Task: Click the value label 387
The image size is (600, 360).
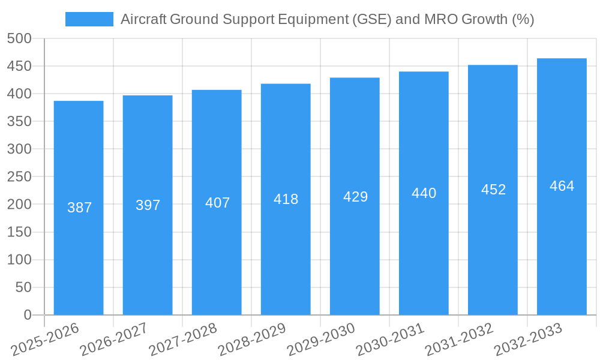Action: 79,208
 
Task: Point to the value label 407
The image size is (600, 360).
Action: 217,203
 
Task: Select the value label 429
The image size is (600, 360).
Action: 355,197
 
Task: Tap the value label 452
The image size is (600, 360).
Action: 493,190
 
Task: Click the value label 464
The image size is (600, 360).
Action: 562,186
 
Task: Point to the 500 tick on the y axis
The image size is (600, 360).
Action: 19,38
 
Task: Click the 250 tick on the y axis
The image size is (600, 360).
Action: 19,177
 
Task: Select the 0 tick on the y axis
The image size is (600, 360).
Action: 27,315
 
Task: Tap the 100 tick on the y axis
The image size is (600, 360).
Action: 19,260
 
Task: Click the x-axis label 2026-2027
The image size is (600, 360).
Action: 114,340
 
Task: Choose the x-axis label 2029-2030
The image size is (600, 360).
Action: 322,340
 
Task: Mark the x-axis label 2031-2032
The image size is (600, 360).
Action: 460,340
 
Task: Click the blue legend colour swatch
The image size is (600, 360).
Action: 89,19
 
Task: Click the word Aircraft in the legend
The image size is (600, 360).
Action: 143,19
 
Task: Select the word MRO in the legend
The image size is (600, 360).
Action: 440,19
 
